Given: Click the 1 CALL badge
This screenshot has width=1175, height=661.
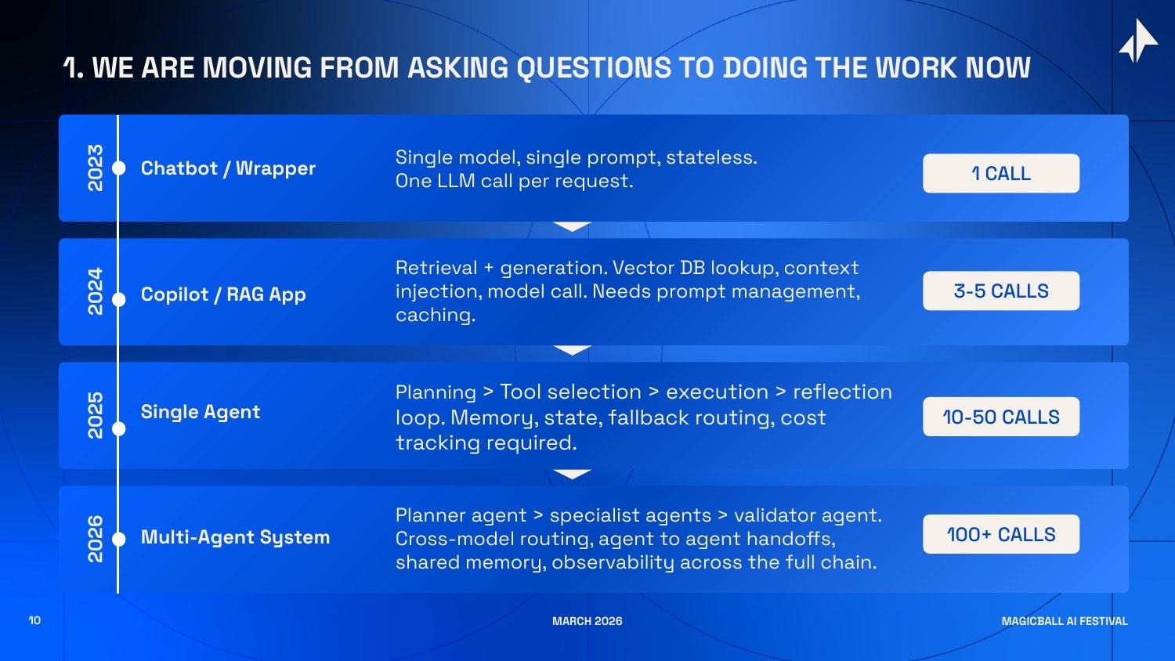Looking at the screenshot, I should pyautogui.click(x=1000, y=173).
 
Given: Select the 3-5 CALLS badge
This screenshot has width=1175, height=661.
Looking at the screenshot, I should pyautogui.click(x=1000, y=291).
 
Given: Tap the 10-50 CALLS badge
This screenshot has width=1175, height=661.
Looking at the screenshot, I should pyautogui.click(x=1000, y=417).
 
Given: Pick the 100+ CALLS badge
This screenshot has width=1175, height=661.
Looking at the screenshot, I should pyautogui.click(x=1000, y=534).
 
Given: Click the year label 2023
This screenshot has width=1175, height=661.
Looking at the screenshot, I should pyautogui.click(x=95, y=168).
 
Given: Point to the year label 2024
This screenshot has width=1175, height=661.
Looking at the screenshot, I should pyautogui.click(x=95, y=291).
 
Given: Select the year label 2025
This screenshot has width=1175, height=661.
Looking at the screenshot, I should pyautogui.click(x=95, y=415).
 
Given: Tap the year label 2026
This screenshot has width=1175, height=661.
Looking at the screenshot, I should pyautogui.click(x=95, y=539).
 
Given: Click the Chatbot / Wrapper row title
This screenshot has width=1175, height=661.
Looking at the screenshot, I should pyautogui.click(x=228, y=168).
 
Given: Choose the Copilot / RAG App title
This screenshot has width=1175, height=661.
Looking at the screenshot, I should pyautogui.click(x=223, y=294).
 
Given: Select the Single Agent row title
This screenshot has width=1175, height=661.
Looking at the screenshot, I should pyautogui.click(x=200, y=412).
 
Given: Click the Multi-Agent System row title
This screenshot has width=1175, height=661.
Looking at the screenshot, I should pyautogui.click(x=235, y=537).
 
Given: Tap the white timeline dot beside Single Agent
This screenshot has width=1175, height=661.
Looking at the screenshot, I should pyautogui.click(x=119, y=428).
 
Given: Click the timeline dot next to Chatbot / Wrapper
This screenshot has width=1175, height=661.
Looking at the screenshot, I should pyautogui.click(x=119, y=168).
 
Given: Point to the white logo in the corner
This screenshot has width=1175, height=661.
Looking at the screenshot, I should pyautogui.click(x=1138, y=41).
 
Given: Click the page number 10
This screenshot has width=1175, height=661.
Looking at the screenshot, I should pyautogui.click(x=34, y=620).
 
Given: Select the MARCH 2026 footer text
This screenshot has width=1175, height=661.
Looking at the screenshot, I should pyautogui.click(x=587, y=621).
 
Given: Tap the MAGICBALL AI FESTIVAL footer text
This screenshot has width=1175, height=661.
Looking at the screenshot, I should pyautogui.click(x=1065, y=621).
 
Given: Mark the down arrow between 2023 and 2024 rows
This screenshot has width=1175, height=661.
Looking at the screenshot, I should pyautogui.click(x=572, y=227).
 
